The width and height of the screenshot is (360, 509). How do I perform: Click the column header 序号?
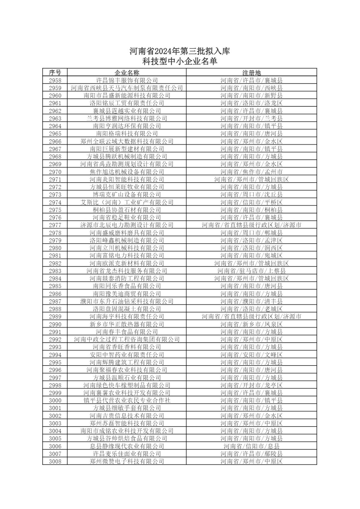[x=55, y=73]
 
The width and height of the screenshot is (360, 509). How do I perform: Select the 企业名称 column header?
[x=127, y=73]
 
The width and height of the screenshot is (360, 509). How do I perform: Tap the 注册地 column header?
[x=251, y=73]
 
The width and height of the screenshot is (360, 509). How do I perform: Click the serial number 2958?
[x=55, y=80]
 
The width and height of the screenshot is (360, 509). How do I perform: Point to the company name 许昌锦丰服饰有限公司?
[x=127, y=80]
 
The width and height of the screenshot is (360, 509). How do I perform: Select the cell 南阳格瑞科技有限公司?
[x=127, y=134]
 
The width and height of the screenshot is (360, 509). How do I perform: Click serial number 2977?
[x=55, y=225]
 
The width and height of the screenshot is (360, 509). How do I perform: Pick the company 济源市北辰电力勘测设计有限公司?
[x=127, y=225]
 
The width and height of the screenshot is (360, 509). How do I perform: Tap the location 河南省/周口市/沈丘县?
[x=251, y=194]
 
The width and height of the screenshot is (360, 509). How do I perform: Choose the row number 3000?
[x=55, y=400]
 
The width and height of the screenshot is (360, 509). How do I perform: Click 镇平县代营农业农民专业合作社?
[x=127, y=400]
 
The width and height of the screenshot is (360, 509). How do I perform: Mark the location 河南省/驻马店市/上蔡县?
[x=251, y=271]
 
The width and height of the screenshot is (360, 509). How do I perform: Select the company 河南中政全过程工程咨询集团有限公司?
[x=127, y=339]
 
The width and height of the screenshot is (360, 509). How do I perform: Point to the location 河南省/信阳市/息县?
[x=251, y=446]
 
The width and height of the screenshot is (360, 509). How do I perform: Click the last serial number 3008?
[x=55, y=461]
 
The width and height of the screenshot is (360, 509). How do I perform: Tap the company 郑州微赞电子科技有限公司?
[x=127, y=461]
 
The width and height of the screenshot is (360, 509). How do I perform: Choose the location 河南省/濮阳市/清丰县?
[x=251, y=301]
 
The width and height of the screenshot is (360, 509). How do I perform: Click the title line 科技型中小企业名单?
[x=180, y=61]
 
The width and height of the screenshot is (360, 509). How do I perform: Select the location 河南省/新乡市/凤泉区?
[x=251, y=324]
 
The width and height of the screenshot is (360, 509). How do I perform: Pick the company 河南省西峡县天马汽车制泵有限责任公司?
[x=127, y=88]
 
